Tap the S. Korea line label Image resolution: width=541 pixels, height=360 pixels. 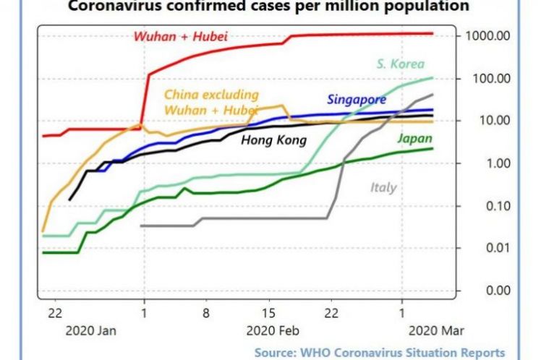coord(401,64)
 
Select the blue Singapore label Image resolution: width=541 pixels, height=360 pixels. coord(357,100)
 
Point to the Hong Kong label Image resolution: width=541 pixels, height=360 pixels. coord(273,140)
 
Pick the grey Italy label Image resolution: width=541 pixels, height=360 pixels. coord(383,187)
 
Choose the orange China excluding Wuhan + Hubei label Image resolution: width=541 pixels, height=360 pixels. coord(211,102)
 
